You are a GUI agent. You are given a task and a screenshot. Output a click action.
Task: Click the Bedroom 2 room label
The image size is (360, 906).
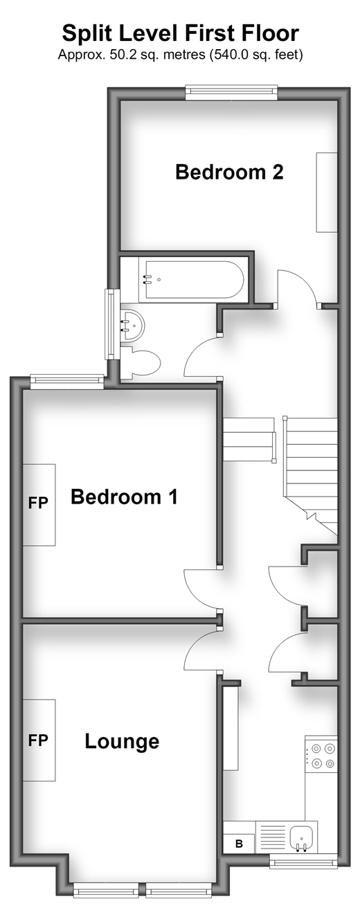pyautogui.click(x=229, y=172)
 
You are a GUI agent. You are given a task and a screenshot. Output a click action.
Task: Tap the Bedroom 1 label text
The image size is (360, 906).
pyautogui.click(x=124, y=497)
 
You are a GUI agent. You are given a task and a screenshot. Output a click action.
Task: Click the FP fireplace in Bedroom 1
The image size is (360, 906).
pyautogui.click(x=39, y=505)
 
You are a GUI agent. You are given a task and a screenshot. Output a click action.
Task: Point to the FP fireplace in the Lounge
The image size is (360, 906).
pyautogui.click(x=39, y=740)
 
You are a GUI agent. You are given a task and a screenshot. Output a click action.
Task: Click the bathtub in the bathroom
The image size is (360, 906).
pyautogui.click(x=191, y=281)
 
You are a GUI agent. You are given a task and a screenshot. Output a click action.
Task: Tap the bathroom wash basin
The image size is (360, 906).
pyautogui.click(x=132, y=325)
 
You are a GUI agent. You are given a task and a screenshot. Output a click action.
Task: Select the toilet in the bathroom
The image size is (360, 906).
pyautogui.click(x=141, y=363)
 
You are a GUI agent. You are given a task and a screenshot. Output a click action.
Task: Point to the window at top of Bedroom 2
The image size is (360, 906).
pyautogui.click(x=231, y=92)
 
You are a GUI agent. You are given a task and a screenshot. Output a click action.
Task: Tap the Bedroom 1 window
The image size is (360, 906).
pyautogui.click(x=67, y=382)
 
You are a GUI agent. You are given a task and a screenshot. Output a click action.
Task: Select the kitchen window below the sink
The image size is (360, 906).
pyautogui.click(x=304, y=862)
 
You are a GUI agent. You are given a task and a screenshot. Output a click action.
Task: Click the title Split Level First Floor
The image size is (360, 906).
pyautogui.click(x=180, y=33)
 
